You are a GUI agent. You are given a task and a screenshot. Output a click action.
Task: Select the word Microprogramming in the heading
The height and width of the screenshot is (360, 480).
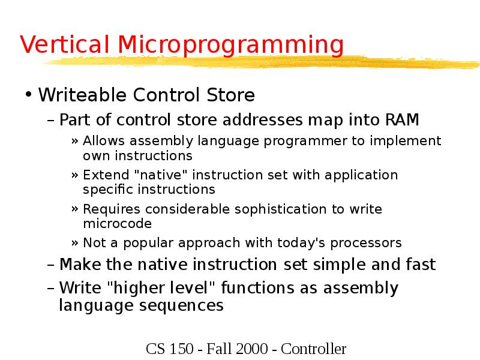[x=230, y=46]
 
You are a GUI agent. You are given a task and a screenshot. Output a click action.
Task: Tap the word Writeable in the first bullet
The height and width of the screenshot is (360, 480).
[x=82, y=95]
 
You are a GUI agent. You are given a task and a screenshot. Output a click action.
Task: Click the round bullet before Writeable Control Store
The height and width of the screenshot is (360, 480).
[x=28, y=95]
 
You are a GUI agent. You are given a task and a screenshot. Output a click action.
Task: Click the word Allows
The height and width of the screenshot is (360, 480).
[x=101, y=141]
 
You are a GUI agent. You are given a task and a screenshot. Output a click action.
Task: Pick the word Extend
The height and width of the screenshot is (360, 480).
[x=103, y=175]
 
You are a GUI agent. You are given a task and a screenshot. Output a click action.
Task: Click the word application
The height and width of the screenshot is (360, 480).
[x=361, y=175]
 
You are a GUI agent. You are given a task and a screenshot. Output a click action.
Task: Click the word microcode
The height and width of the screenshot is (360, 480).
[x=117, y=224]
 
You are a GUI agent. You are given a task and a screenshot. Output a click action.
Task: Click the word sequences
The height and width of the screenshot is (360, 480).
[x=184, y=305]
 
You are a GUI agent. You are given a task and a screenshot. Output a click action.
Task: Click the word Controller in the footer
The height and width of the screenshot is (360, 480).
[x=314, y=349]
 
